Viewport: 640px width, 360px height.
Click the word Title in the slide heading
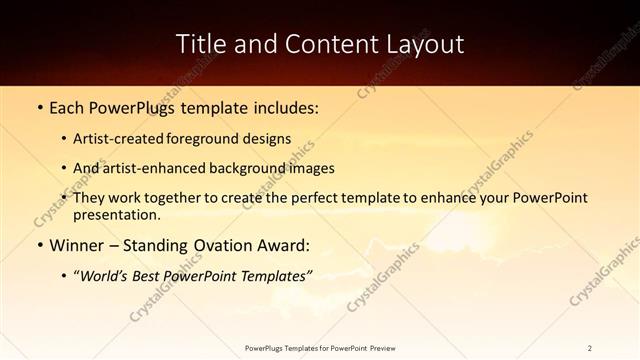coord(201,44)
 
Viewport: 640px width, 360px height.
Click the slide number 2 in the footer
coord(590,348)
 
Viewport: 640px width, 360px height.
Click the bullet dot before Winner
coord(38,245)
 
